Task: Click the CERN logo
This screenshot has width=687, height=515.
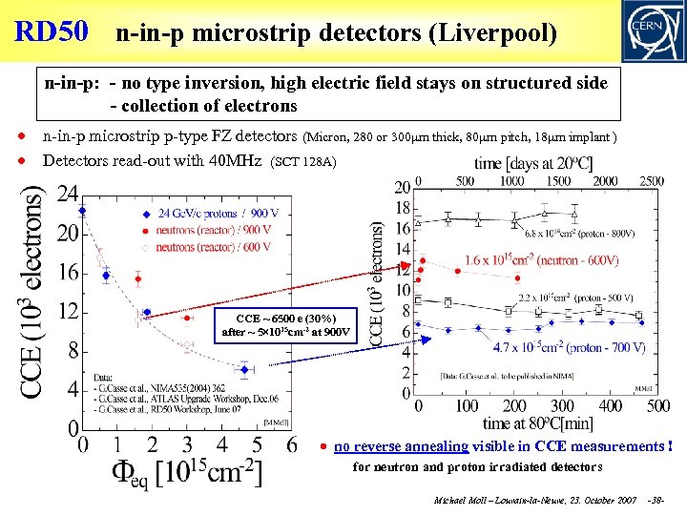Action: point(652,31)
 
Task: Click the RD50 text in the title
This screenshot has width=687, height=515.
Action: point(52,31)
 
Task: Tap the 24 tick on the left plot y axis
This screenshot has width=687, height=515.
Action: point(67,194)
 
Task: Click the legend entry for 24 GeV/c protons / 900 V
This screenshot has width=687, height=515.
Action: point(219,213)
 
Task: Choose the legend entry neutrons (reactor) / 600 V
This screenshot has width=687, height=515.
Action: point(213,247)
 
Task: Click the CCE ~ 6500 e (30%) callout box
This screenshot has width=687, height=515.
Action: point(286,325)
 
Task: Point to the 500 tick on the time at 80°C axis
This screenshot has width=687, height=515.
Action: point(656,406)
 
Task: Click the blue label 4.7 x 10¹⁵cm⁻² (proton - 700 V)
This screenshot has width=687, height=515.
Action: point(570,347)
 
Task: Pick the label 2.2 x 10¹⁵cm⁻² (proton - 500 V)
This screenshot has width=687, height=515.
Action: point(575,298)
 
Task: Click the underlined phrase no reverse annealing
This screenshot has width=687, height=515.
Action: point(401,446)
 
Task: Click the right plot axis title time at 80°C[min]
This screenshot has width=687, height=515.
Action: point(536,423)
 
